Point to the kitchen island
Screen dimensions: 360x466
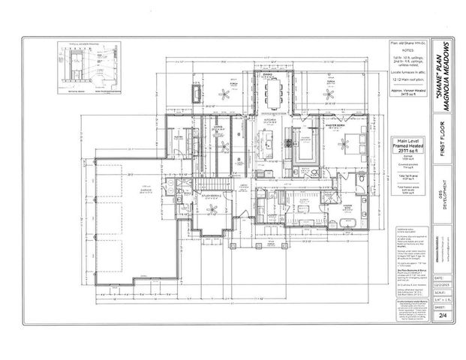tap(265, 141)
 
